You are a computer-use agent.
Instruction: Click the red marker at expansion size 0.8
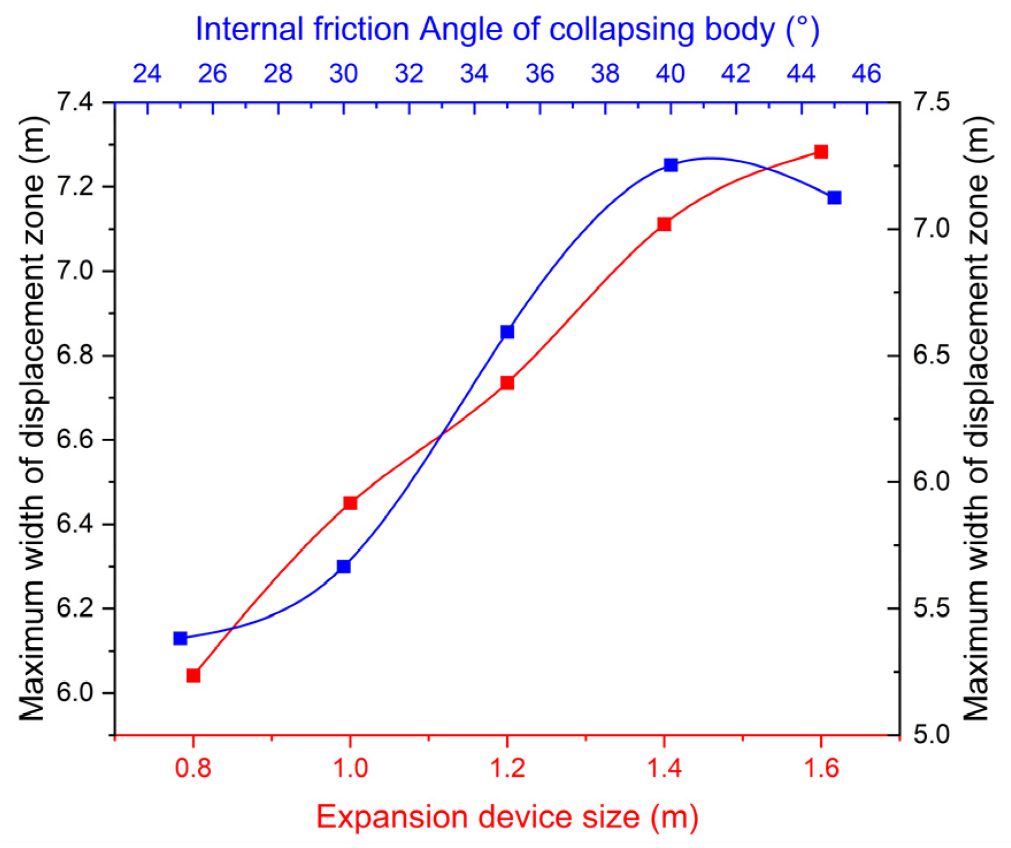[193, 675]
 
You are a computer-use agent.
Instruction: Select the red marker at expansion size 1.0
[350, 503]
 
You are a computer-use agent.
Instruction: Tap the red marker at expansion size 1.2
[507, 383]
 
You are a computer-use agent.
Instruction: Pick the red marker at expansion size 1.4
[664, 224]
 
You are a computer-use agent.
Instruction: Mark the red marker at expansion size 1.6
[821, 152]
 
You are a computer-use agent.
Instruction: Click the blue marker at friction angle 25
[180, 638]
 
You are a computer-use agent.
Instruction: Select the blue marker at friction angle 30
[344, 566]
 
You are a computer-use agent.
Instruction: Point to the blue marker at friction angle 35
[507, 332]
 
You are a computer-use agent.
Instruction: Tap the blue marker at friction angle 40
[671, 165]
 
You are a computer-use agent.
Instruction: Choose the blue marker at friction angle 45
[835, 198]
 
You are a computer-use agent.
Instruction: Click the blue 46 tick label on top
[866, 74]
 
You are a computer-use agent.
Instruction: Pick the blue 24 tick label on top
[147, 74]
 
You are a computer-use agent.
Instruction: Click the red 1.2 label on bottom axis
[507, 768]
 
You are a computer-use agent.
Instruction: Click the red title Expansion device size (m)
[507, 816]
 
